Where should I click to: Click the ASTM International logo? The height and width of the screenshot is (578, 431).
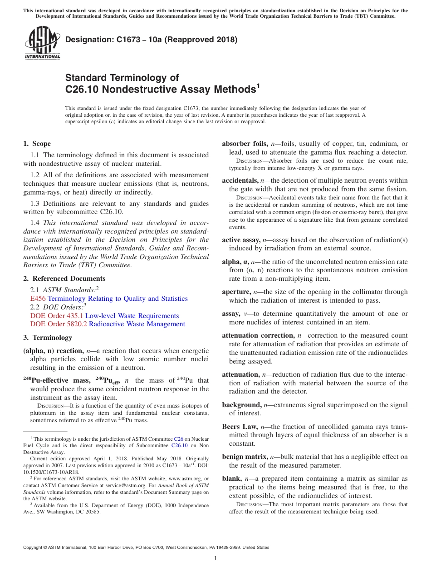pyautogui.click(x=42, y=43)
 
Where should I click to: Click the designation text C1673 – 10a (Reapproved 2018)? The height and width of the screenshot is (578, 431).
pyautogui.click(x=151, y=40)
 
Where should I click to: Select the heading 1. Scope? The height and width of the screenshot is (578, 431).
pyautogui.click(x=37, y=144)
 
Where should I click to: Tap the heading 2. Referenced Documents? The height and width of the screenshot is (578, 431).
pyautogui.click(x=64, y=279)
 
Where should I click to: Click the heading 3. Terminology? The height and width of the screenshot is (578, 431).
pyautogui.click(x=48, y=338)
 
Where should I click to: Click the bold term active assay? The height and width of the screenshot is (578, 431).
pyautogui.click(x=240, y=240)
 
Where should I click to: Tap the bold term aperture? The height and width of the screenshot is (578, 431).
pyautogui.click(x=236, y=292)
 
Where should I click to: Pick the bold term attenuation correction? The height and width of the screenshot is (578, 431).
pyautogui.click(x=258, y=335)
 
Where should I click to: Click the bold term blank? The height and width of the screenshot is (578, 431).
pyautogui.click(x=231, y=478)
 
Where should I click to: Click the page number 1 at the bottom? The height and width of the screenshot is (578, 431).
pyautogui.click(x=215, y=558)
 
